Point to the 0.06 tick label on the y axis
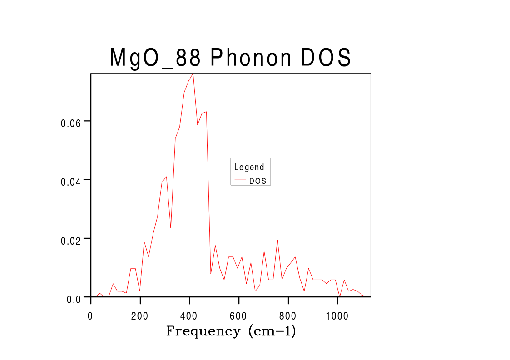pos(70,123)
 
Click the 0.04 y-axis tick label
pos(70,181)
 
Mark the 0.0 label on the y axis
pos(73,299)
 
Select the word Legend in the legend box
pos(249,167)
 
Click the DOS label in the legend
pos(258,181)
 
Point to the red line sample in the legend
pos(240,180)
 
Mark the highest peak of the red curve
pos(193,74)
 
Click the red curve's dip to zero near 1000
pos(340,296)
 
